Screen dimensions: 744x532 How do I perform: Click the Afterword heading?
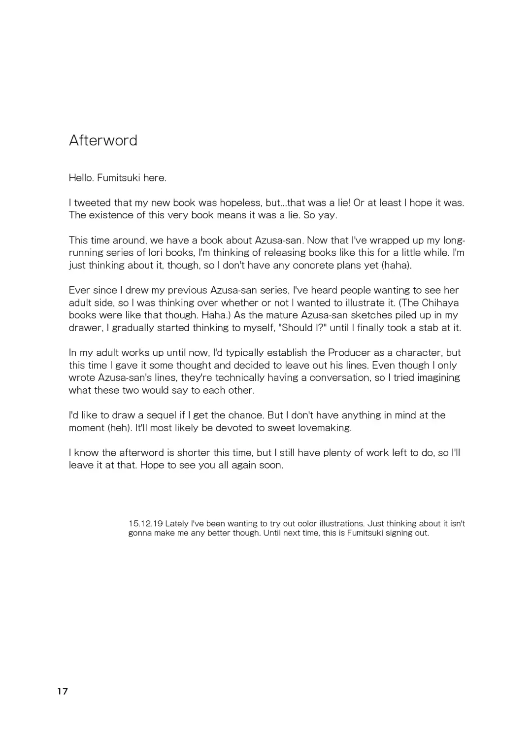pos(103,140)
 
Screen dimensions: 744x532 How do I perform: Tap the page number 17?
pos(63,691)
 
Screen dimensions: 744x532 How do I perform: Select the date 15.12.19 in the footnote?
pos(145,523)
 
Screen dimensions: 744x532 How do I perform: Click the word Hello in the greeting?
pos(81,178)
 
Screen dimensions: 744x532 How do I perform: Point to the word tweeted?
pos(92,203)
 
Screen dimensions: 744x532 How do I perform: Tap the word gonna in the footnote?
pos(140,533)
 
